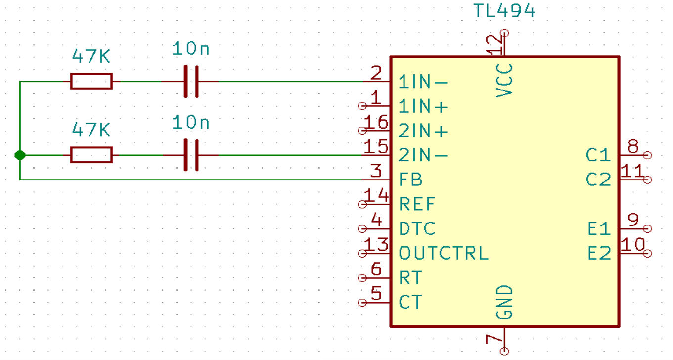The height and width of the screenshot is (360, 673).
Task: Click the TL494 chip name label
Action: click(504, 11)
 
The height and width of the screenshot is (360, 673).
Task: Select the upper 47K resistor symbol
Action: click(91, 81)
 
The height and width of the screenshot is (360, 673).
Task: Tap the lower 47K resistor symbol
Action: click(91, 155)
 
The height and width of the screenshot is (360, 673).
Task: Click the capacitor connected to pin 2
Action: click(191, 82)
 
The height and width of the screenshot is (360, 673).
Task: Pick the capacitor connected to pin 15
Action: click(191, 155)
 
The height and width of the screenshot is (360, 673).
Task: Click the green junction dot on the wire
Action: click(20, 155)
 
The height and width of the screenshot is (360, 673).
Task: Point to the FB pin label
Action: click(411, 180)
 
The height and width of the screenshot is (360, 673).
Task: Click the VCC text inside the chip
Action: click(504, 81)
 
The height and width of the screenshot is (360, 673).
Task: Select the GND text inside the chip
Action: click(504, 302)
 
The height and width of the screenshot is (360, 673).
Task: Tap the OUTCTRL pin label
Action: click(444, 253)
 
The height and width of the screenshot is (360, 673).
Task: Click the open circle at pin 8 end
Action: click(648, 155)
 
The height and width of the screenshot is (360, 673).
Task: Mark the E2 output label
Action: click(599, 253)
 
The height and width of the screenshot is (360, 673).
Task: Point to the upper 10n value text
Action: click(190, 48)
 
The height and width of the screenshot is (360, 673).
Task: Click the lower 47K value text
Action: click(91, 130)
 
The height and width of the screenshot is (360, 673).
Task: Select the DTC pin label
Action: click(417, 228)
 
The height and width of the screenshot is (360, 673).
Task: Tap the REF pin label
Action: click(417, 204)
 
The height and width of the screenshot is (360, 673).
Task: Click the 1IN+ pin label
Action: click(423, 106)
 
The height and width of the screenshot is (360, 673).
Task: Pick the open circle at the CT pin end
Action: click(362, 302)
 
